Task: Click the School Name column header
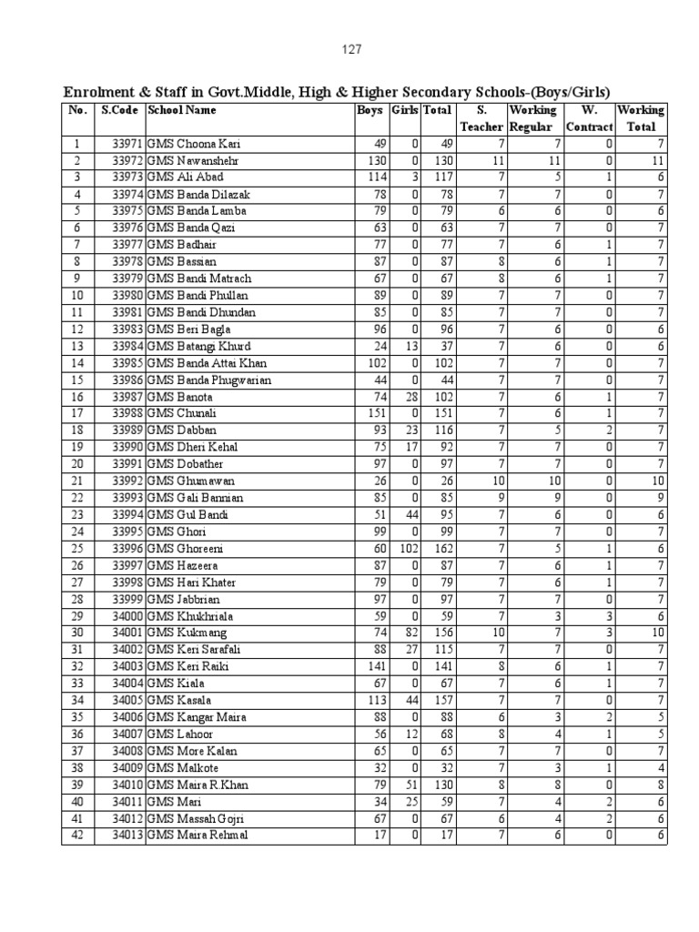click(182, 110)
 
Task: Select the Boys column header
click(370, 110)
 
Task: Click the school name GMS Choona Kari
click(196, 144)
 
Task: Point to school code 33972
click(127, 160)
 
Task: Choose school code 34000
click(127, 616)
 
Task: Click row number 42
click(77, 836)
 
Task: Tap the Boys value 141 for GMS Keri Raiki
click(375, 666)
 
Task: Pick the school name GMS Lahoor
click(184, 734)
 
